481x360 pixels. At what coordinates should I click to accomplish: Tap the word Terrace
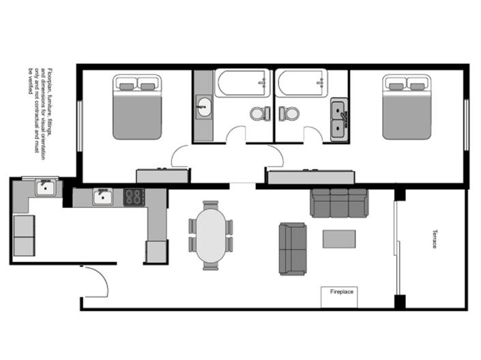[x=433, y=239]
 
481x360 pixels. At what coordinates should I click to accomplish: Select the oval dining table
[x=211, y=236]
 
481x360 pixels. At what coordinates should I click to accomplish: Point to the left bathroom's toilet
[x=259, y=113]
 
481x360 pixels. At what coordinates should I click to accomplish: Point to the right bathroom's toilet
[x=289, y=113]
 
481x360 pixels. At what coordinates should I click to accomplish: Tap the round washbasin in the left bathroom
[x=203, y=107]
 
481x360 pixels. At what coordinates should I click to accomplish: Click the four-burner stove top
[x=133, y=196]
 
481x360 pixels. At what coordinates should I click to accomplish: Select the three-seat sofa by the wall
[x=338, y=202]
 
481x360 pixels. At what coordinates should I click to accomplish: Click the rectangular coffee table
[x=339, y=239]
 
